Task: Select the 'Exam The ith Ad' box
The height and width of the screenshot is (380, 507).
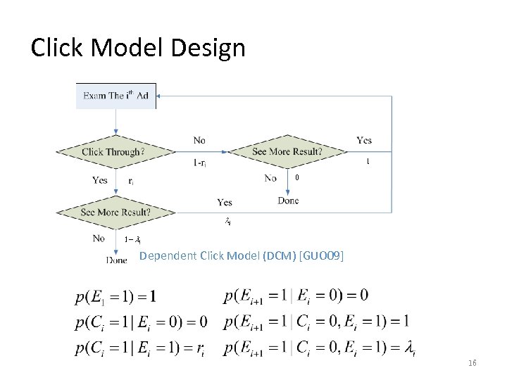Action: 115,96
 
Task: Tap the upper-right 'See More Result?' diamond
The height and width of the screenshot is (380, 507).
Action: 287,151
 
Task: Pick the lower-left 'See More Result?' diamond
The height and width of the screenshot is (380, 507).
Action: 115,212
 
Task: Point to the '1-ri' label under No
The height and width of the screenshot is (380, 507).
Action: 200,163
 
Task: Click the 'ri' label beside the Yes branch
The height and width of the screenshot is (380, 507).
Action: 132,181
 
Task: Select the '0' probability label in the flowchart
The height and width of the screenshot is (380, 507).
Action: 297,178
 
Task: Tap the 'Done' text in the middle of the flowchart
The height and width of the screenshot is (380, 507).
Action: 288,201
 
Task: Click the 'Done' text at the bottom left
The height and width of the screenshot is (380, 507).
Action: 116,260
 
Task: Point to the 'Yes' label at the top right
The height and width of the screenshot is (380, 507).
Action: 364,140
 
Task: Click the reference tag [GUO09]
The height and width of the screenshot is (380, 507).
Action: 322,256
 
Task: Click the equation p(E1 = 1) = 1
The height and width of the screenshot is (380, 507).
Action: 115,296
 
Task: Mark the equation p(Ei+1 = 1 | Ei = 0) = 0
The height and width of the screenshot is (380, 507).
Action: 296,296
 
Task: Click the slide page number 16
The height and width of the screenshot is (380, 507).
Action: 472,362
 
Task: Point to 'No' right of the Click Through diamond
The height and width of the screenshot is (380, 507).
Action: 200,140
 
